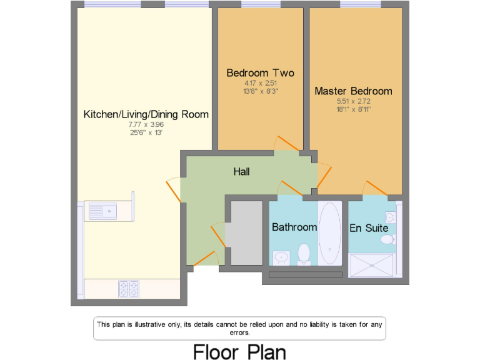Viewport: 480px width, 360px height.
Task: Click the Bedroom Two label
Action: [x=260, y=73]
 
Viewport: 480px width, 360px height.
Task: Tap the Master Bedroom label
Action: [x=353, y=91]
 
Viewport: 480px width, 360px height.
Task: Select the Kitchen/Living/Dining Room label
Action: [x=146, y=114]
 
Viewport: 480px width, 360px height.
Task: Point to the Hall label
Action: [x=241, y=171]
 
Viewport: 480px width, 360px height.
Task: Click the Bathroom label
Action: [x=294, y=227]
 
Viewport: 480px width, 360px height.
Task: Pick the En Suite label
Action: [x=369, y=228]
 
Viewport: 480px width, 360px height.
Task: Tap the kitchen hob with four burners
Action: [x=128, y=289]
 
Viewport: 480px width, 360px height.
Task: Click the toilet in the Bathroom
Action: [x=304, y=254]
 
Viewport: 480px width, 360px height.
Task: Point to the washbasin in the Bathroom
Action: [x=281, y=257]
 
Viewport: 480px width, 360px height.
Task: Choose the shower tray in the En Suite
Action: [x=372, y=266]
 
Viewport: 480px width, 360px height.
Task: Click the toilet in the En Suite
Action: [x=387, y=239]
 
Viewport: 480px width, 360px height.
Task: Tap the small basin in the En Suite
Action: [x=391, y=217]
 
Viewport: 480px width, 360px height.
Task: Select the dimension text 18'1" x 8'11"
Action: [x=353, y=109]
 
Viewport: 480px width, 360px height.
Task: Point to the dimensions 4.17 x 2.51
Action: [x=260, y=83]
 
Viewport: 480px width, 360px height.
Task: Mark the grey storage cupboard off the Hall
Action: [x=244, y=232]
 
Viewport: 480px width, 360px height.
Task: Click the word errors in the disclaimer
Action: [x=240, y=332]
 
